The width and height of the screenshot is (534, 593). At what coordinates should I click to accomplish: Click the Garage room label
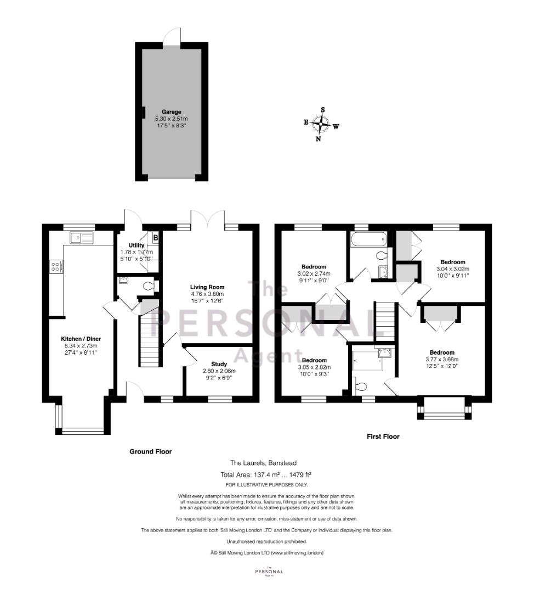coord(171,112)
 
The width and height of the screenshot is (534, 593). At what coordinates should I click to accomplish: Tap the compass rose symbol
coord(321,124)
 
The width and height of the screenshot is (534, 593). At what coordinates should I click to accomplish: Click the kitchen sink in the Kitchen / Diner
coord(81,238)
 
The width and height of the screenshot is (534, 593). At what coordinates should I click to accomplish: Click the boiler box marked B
coord(155,238)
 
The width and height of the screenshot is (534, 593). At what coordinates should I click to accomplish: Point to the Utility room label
coord(137,245)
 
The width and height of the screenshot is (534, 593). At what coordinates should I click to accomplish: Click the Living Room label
coord(207,287)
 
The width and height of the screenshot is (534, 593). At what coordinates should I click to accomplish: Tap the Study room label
coord(219,364)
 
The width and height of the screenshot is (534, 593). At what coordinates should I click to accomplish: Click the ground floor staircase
coord(151,341)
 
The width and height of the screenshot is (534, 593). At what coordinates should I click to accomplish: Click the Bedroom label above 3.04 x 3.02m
coord(453,262)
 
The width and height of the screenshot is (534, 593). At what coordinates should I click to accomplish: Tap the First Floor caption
coord(383,437)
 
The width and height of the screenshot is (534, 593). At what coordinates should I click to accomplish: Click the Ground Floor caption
coord(150,451)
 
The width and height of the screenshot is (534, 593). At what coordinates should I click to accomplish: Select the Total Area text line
coord(266,474)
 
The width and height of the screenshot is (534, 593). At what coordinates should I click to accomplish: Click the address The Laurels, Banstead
coord(263,463)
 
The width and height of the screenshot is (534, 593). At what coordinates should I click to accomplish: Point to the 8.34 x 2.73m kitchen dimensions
coord(81,346)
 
